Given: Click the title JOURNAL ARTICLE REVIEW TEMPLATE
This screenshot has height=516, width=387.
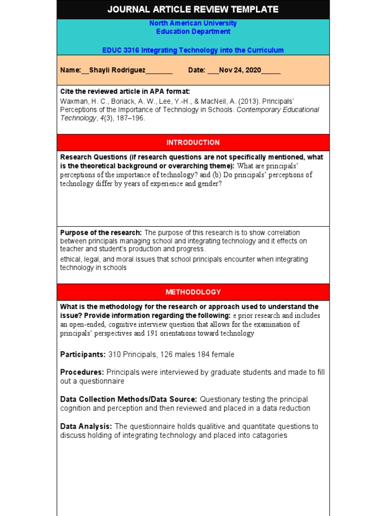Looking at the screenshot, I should point(193,10).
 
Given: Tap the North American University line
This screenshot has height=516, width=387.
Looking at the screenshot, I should point(193,23).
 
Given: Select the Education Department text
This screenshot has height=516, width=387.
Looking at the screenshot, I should point(193,31).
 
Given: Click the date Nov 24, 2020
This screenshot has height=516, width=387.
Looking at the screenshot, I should point(240,70).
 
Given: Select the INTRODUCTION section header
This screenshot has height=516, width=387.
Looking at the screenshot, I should point(193,143).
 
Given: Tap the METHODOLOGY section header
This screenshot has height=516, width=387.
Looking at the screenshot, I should point(193,292).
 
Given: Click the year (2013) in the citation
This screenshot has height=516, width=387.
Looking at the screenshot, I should point(249,101).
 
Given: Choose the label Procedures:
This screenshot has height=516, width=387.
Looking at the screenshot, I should point(82,372).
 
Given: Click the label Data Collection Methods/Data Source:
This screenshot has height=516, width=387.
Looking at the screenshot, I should point(128,400).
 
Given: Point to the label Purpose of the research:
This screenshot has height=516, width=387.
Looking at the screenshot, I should point(101,233).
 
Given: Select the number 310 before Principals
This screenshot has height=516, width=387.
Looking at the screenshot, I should point(114,355).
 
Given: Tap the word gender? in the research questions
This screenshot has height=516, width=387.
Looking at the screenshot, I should point(209,184).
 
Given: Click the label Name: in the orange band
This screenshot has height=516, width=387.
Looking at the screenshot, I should point(71,70).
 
